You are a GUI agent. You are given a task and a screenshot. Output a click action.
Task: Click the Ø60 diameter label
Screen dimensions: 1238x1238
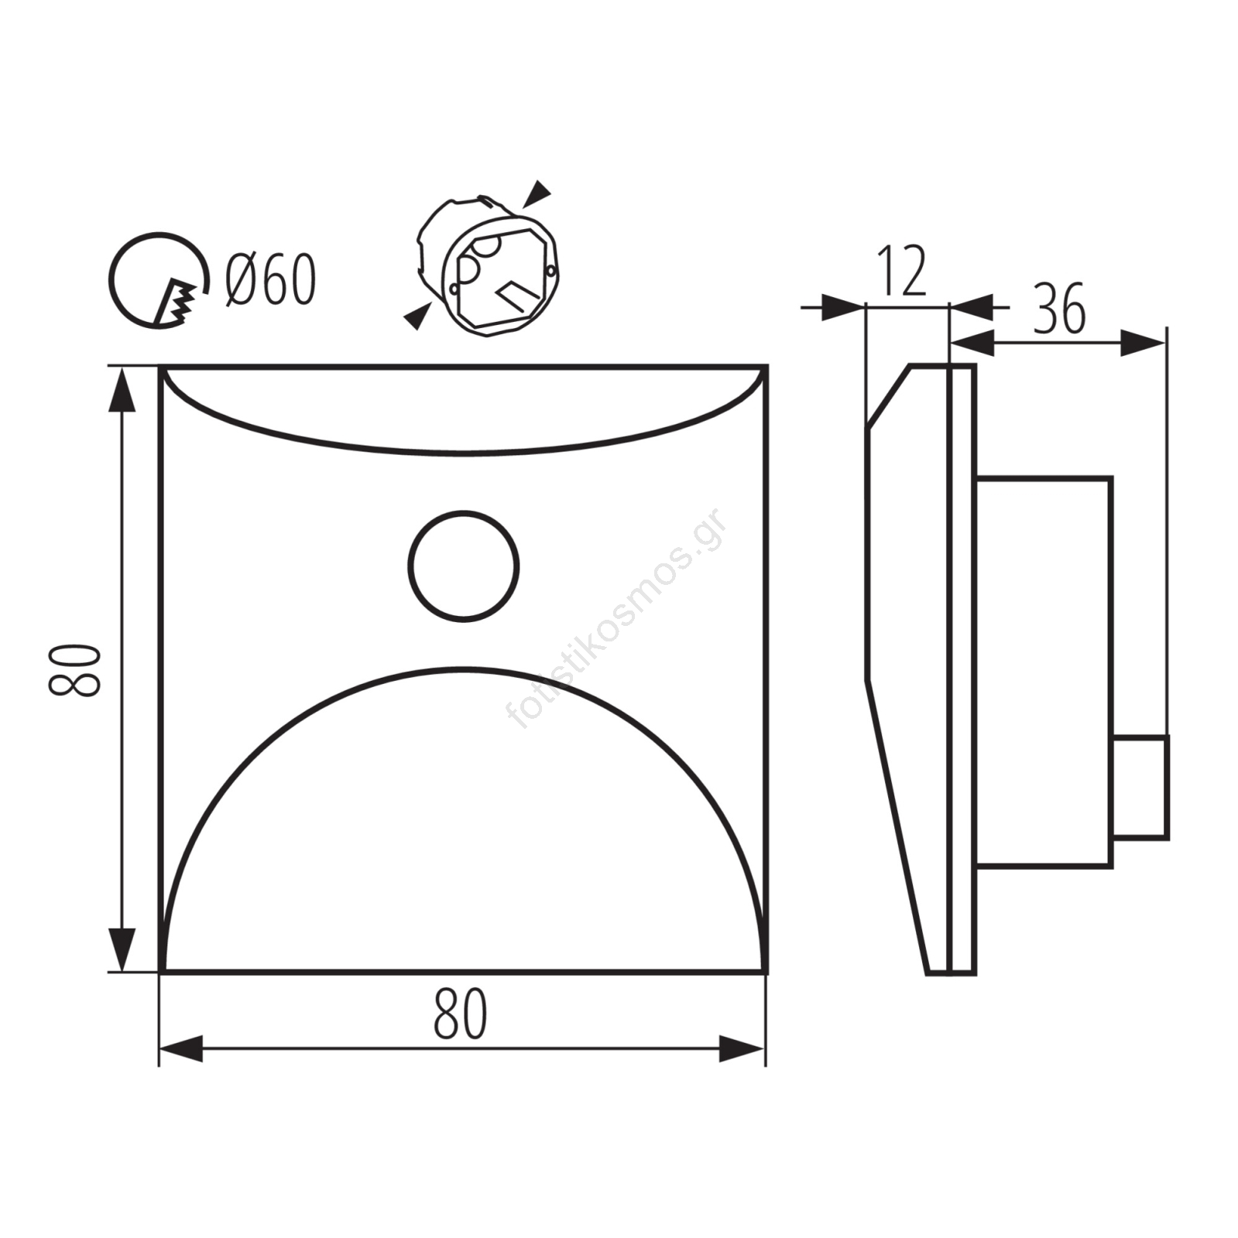click(x=271, y=279)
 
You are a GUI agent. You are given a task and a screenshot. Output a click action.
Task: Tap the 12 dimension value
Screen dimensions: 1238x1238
click(x=902, y=272)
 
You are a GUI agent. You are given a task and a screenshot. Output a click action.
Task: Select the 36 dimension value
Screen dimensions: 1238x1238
click(x=1059, y=308)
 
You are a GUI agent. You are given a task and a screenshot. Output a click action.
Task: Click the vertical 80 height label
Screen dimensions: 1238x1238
click(x=75, y=670)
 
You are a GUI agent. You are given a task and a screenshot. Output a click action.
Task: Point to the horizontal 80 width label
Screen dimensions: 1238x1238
click(x=461, y=1014)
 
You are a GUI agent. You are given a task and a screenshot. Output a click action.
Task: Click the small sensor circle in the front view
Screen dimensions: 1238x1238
click(x=464, y=566)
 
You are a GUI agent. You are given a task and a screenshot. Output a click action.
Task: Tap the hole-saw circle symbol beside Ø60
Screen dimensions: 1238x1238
click(x=159, y=280)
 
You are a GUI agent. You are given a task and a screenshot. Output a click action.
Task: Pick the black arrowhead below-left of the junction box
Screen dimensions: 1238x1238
click(x=418, y=315)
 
